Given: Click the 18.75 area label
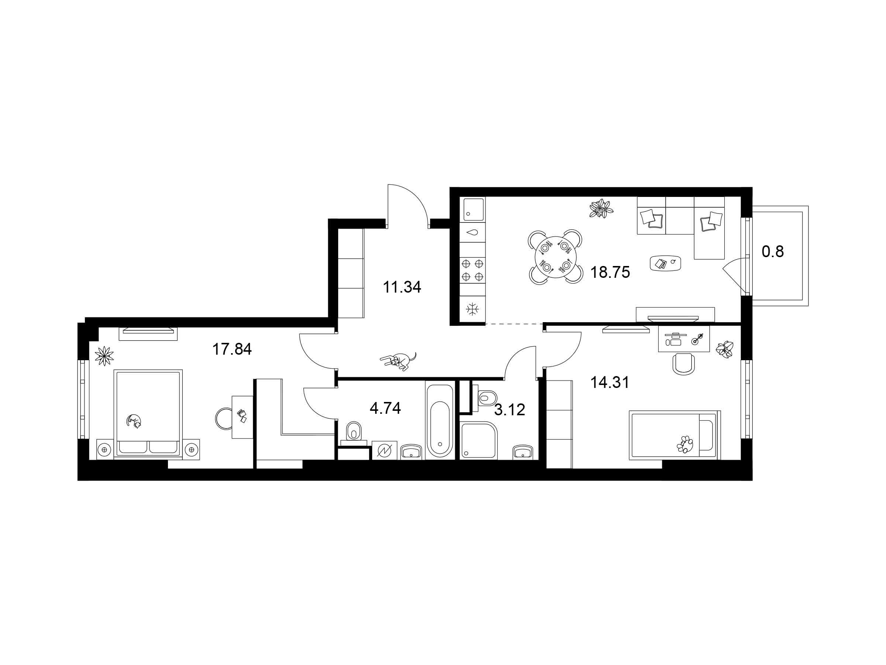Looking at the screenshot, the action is point(610,273).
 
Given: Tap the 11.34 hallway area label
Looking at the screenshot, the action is point(402,287).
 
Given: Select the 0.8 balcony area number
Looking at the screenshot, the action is point(773,252).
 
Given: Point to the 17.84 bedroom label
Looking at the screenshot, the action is point(232,349).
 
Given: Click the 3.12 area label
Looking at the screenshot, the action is point(509,410).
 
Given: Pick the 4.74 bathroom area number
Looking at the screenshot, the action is point(385,408).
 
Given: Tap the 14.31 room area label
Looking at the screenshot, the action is point(610,382).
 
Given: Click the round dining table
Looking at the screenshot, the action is point(555,257).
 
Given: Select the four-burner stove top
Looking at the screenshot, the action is point(472,270).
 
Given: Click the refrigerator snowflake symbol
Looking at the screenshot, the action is point(473,309).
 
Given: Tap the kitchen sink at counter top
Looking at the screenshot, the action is point(473,209).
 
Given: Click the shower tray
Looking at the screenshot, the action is point(479,440).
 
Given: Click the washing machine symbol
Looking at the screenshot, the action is point(385,450).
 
